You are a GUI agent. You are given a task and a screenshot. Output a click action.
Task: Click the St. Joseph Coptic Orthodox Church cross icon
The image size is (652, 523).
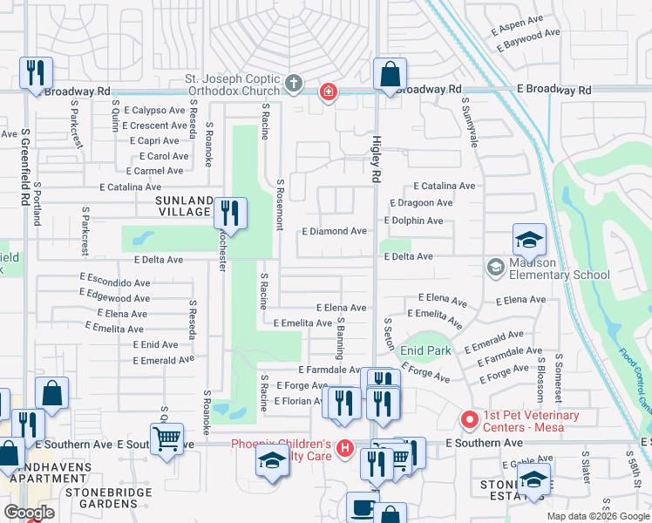pyautogui.click(x=294, y=85)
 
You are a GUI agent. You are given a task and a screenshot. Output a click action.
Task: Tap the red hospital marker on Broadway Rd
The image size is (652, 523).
pyautogui.click(x=328, y=92)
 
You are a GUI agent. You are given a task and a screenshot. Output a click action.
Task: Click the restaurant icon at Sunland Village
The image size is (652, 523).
pyautogui.click(x=230, y=213)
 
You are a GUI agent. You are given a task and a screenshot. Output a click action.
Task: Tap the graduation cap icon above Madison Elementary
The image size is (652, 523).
pyautogui.click(x=528, y=240)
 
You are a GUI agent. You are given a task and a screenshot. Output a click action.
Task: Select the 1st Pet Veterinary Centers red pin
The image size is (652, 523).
pyautogui.click(x=470, y=420)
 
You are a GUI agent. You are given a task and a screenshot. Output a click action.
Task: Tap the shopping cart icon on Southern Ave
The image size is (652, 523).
pyautogui.click(x=166, y=438)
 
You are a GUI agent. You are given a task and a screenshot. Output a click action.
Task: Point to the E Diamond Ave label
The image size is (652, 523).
pyautogui.click(x=334, y=232)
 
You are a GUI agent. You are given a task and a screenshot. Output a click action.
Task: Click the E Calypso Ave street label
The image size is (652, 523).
pyautogui.click(x=154, y=111)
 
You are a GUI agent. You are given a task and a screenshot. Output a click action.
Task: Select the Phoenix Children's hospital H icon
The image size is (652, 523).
pyautogui.click(x=345, y=449)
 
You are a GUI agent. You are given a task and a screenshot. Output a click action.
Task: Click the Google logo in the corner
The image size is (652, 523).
pyautogui.click(x=29, y=512)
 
